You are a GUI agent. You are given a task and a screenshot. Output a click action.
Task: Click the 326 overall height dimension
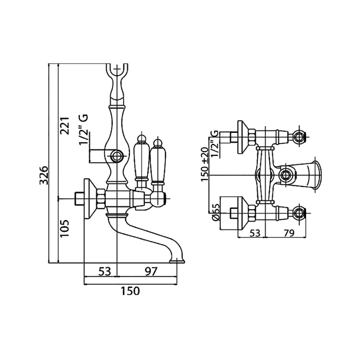pos(45,175)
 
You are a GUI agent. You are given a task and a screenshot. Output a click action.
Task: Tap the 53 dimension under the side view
pos(104,272)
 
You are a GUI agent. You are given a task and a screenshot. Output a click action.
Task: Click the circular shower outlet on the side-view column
pos(116,156)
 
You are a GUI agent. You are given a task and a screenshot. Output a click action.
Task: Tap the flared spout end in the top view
pos(316,175)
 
